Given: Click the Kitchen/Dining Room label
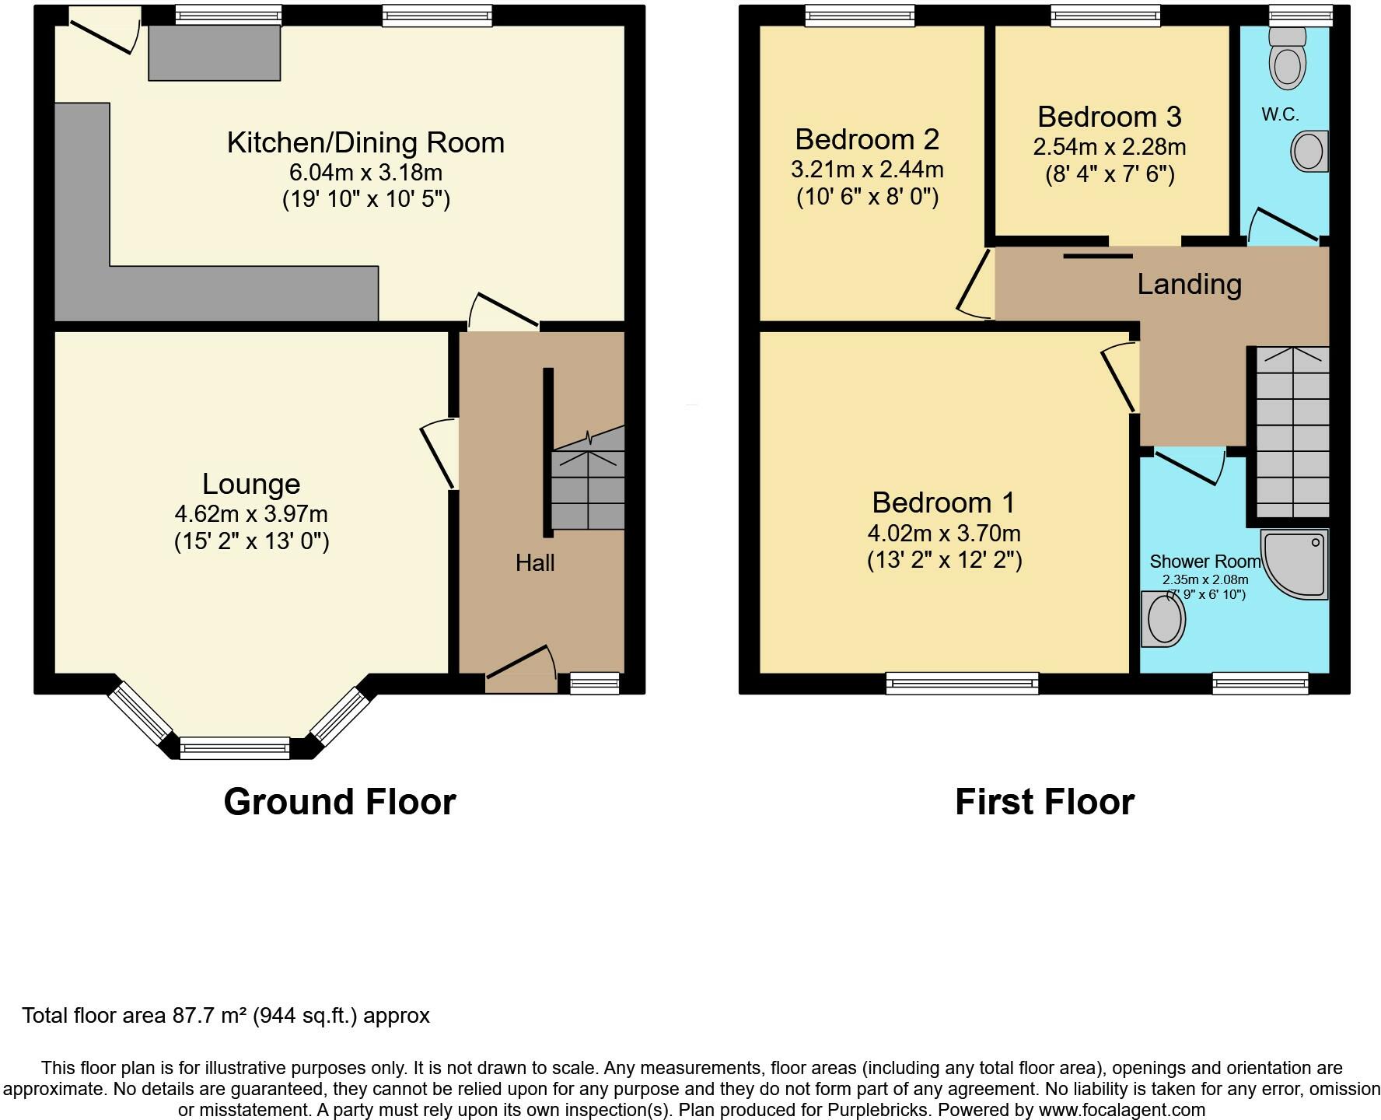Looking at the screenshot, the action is coord(365,143).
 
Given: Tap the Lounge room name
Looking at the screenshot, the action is coord(251,484).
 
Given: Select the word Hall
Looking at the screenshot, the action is coord(535,562).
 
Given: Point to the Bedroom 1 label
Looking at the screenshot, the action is coord(943,502).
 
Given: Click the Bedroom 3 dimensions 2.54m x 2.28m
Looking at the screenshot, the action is coord(1110,146).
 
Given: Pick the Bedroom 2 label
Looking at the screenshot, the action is coord(867,139).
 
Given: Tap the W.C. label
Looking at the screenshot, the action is coord(1280,115).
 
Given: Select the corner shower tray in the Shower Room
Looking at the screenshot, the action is coord(1295,565).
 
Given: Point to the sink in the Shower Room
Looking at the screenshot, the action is coord(1163,619).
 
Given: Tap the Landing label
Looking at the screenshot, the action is coord(1189,284).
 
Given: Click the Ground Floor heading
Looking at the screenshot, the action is coord(340,802).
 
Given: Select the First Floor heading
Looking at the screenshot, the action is coord(1044,802).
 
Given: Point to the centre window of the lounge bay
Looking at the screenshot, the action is coord(235,748).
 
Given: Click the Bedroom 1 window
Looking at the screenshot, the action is coord(963,683).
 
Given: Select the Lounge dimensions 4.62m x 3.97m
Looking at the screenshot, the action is coord(251,514).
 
